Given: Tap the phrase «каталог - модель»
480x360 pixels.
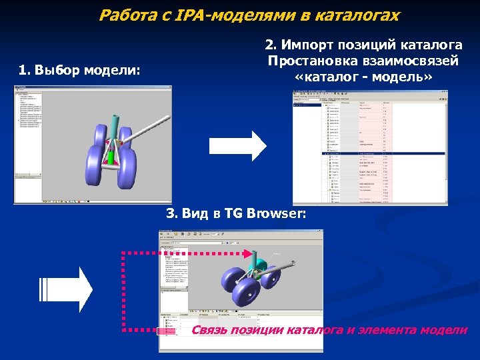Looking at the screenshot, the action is coord(363,77).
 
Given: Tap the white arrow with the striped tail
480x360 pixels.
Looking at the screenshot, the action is coord(67,289).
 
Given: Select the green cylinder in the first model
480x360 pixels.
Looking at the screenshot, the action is coord(111,157).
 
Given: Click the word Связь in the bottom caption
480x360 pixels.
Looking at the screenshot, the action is coord(210,330).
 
